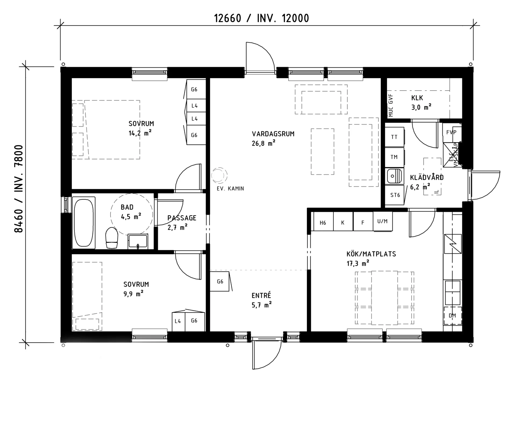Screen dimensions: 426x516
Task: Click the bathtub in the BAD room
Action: click(84, 223)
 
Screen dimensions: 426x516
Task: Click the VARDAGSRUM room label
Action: click(273, 134)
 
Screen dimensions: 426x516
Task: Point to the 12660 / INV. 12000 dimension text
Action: click(261, 18)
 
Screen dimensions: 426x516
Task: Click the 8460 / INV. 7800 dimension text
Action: click(19, 189)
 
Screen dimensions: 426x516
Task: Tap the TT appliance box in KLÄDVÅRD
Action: click(394, 137)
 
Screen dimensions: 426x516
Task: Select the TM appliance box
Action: click(394, 157)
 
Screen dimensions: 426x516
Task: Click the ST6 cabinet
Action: click(395, 195)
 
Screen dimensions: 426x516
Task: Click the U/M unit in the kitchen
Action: click(382, 221)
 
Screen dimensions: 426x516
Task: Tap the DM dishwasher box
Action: click(452, 316)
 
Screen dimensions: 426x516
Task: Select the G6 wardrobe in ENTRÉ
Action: click(220, 281)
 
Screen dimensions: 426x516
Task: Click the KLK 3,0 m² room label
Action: click(421, 103)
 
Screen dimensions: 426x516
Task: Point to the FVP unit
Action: click(451, 133)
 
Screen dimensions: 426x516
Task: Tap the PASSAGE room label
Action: click(182, 218)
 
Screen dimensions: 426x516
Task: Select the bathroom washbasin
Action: click(138, 241)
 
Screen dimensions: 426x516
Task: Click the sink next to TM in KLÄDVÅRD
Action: click(394, 176)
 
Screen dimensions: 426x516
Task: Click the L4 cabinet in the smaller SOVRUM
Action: click(178, 321)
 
